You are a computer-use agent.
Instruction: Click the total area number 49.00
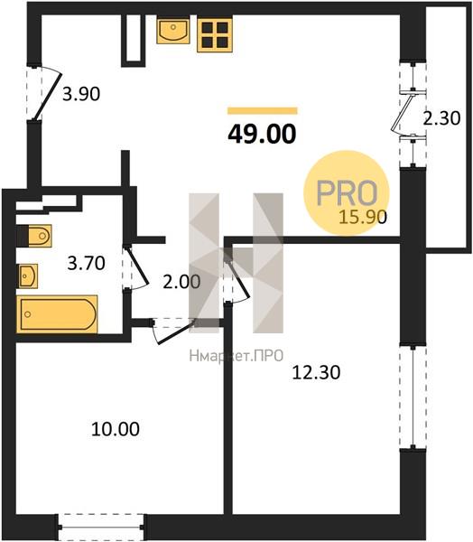[262, 134]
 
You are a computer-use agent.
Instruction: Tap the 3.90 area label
[81, 94]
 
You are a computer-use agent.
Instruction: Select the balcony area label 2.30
[442, 118]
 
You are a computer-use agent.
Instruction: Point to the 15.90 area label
[363, 217]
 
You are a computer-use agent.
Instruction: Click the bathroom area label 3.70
[87, 264]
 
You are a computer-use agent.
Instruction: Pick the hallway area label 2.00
[181, 282]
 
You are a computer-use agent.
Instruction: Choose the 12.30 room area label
[316, 372]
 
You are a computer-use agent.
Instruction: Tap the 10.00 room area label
[116, 429]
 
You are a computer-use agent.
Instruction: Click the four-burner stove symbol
[215, 34]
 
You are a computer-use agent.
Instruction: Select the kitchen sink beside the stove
[173, 31]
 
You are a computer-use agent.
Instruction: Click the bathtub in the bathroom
[57, 314]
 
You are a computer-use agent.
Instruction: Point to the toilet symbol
[34, 236]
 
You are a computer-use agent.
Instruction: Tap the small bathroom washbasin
[28, 276]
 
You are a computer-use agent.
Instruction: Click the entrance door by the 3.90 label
[47, 93]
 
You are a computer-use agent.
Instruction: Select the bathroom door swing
[136, 267]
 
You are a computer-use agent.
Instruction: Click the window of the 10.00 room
[102, 528]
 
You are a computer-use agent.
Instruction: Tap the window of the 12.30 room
[413, 397]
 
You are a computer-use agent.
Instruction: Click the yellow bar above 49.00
[263, 110]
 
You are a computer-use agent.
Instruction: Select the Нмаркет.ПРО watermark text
[236, 355]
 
